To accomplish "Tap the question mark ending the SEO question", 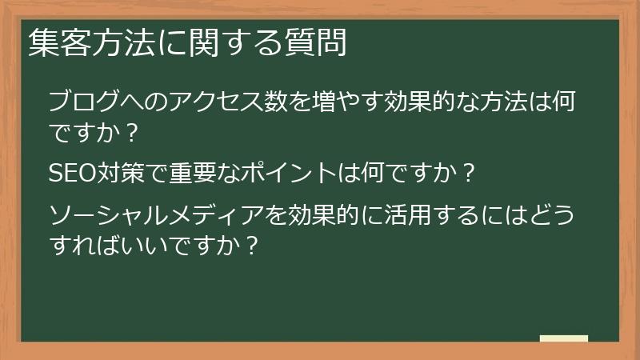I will [x=470, y=173].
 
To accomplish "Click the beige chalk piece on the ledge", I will [x=564, y=338].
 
